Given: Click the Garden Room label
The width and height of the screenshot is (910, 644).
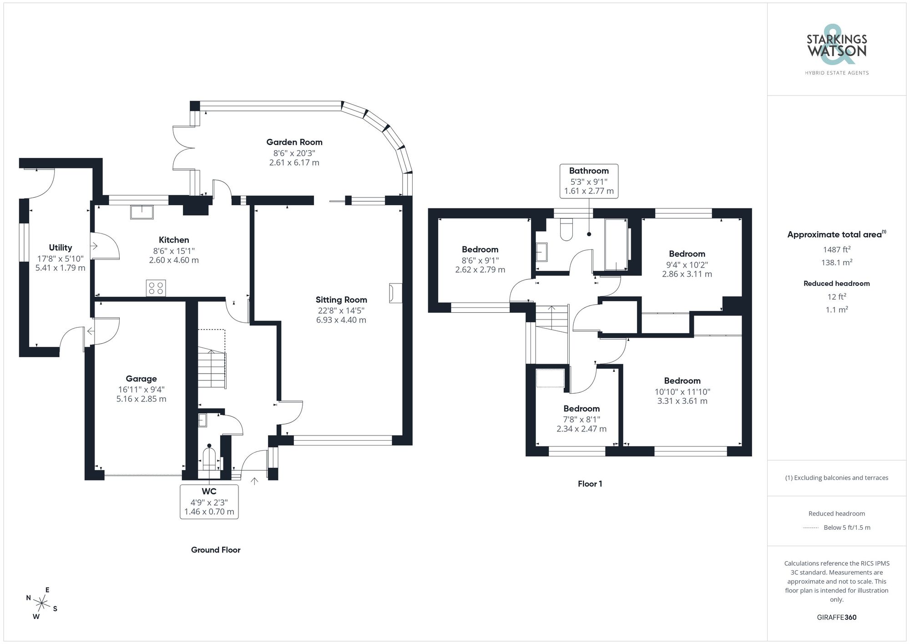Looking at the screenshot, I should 294,142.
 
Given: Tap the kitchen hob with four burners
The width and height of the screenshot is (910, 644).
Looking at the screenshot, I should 156,288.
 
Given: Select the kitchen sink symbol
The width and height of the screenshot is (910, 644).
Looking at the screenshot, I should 142,212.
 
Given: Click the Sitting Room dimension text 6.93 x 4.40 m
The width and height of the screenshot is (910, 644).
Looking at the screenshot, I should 341,320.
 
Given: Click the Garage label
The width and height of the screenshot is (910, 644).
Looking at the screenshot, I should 141,379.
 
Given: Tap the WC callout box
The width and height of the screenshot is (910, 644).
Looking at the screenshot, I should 209,502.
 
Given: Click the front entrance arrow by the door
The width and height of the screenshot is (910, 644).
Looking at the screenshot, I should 254,481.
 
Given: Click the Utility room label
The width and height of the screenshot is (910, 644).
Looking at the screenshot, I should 61,248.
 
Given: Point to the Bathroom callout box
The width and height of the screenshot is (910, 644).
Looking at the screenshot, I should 589,181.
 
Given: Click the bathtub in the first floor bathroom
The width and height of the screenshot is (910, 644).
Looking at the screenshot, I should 615,245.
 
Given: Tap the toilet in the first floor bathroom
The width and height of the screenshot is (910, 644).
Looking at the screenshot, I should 566,229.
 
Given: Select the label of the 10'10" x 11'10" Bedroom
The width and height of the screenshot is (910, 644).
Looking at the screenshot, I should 682,381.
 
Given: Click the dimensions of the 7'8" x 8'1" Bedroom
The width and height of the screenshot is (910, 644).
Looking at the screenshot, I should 581,424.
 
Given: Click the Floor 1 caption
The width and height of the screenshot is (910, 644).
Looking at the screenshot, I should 590,484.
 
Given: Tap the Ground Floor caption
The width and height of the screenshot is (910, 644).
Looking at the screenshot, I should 216,550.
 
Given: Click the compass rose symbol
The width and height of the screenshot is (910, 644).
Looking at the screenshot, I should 42,604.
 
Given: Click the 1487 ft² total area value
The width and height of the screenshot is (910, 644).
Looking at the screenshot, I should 836,249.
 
